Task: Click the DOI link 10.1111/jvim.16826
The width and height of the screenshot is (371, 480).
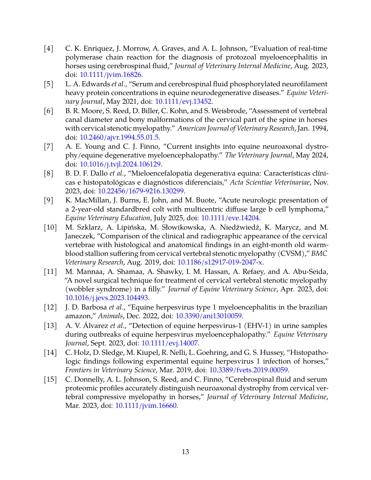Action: [110, 75]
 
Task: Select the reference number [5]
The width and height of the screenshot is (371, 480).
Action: [49, 84]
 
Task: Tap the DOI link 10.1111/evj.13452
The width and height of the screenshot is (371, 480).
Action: [183, 101]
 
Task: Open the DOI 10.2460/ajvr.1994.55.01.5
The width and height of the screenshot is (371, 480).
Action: [119, 137]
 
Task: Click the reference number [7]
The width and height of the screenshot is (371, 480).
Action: [49, 146]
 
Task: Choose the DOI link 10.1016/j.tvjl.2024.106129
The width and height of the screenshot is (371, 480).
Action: [120, 164]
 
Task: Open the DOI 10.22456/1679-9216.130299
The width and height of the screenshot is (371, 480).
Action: [141, 191]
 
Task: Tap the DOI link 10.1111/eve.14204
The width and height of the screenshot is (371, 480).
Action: [230, 218]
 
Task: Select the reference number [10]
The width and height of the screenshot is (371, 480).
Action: [50, 227]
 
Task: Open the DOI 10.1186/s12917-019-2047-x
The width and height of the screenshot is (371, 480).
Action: [220, 262]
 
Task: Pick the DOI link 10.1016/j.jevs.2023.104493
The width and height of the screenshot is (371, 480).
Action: [106, 298]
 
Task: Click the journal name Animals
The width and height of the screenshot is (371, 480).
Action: [110, 316]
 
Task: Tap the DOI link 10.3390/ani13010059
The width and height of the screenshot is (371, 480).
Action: [208, 316]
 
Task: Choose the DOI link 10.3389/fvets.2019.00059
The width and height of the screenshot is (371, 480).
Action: [248, 370]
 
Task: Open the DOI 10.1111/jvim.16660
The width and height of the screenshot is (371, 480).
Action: [146, 405]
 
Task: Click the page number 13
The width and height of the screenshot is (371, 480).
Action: [185, 452]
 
